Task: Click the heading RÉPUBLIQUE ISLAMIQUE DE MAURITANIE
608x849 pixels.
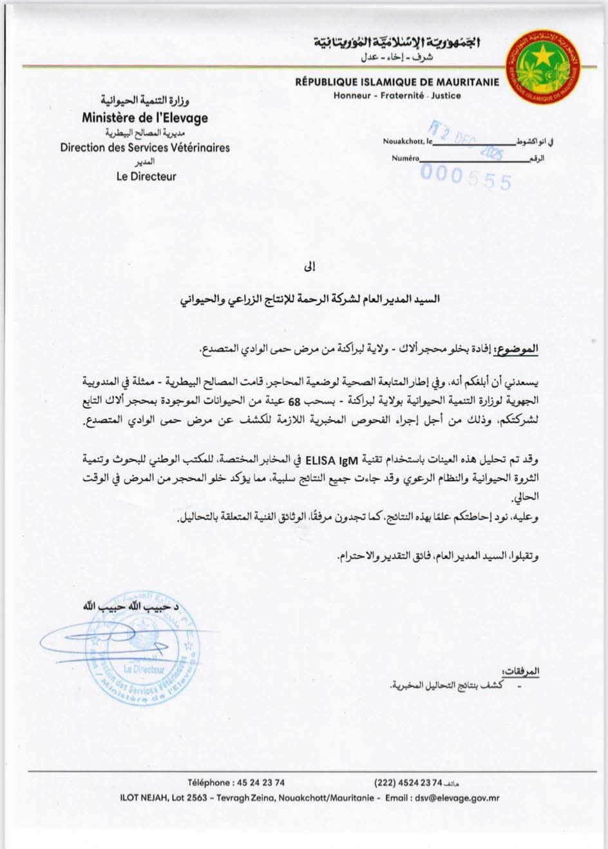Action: pyautogui.click(x=397, y=82)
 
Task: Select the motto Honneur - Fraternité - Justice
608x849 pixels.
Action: pyautogui.click(x=397, y=95)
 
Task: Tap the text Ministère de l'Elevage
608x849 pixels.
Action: pyautogui.click(x=145, y=118)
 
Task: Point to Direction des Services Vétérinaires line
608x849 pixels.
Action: pyautogui.click(x=145, y=148)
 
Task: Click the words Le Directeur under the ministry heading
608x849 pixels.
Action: pyautogui.click(x=146, y=176)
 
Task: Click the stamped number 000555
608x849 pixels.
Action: pyautogui.click(x=466, y=178)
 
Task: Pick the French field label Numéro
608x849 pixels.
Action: pyautogui.click(x=405, y=158)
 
